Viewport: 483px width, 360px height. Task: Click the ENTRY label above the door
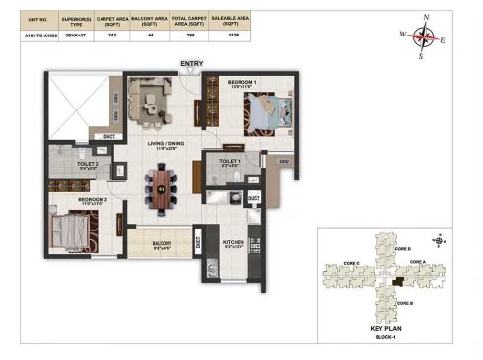point(191,65)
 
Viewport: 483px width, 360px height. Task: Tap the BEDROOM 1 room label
point(242,82)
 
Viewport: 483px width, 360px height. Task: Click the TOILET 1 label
point(229,160)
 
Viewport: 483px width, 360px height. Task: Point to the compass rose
point(424,37)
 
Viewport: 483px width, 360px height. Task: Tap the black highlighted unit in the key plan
point(397,282)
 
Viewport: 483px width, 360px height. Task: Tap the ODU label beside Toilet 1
point(283,161)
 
